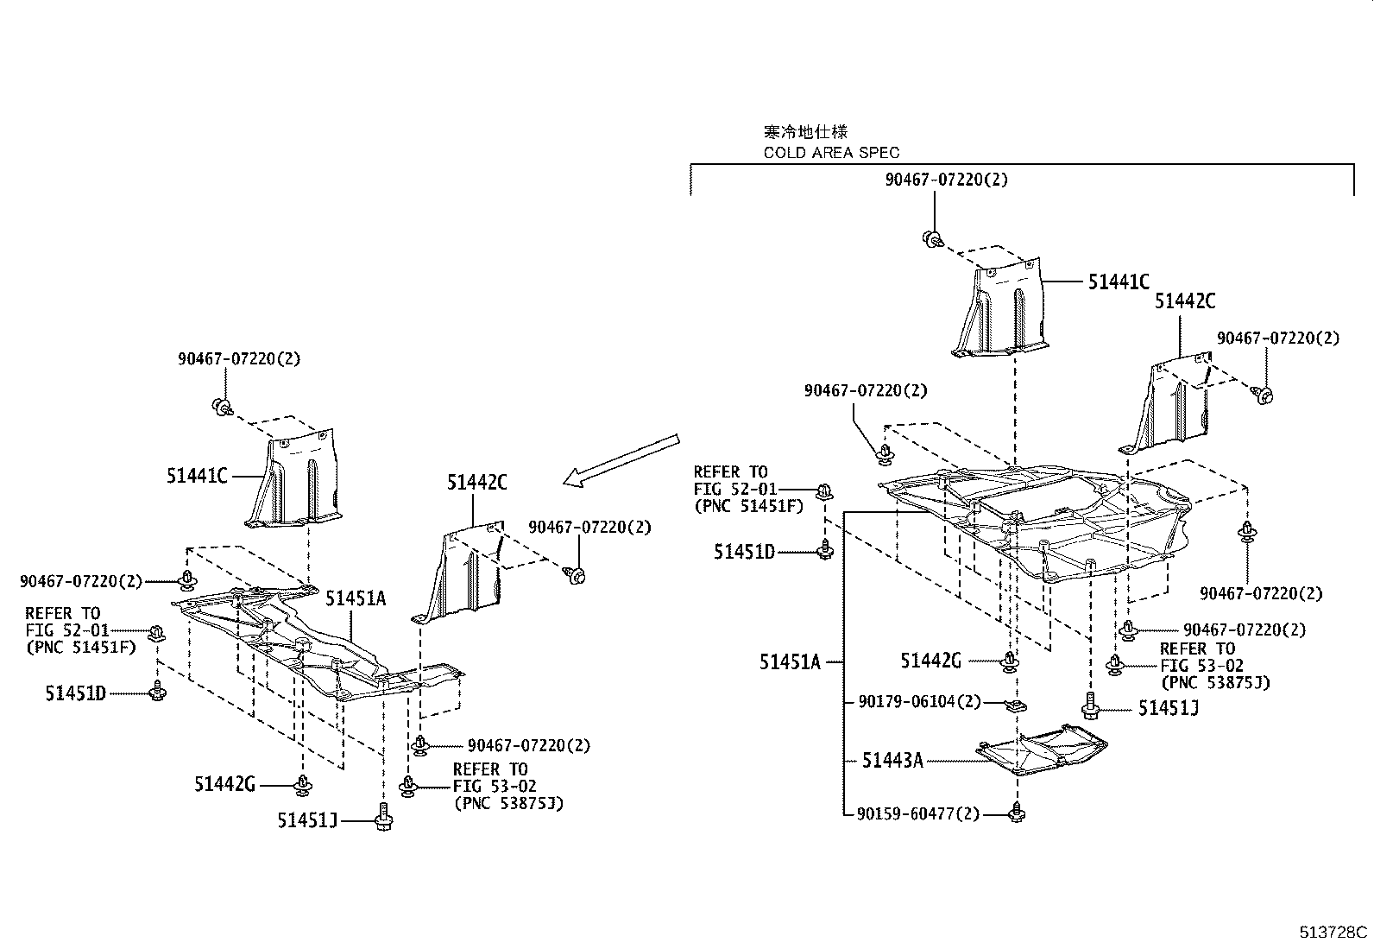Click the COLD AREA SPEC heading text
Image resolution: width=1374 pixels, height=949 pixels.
click(830, 153)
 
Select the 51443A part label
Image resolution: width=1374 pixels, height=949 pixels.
click(892, 760)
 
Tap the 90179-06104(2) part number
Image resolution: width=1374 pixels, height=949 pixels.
click(919, 701)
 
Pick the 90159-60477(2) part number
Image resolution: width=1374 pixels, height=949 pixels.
click(919, 813)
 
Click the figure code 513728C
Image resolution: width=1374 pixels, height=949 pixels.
click(1334, 932)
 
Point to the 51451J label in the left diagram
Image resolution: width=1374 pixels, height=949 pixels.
click(307, 820)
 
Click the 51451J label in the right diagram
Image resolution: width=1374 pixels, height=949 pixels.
click(1169, 708)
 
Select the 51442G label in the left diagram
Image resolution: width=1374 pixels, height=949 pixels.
click(224, 784)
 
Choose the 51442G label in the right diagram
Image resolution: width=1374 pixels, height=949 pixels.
click(930, 661)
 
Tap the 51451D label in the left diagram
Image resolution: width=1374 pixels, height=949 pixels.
click(75, 693)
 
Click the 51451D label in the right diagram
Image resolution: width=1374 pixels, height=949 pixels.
click(744, 551)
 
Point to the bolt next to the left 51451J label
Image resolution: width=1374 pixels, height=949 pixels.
click(383, 815)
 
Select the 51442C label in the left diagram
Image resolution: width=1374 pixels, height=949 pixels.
click(476, 483)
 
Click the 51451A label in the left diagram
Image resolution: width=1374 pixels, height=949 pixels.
click(356, 598)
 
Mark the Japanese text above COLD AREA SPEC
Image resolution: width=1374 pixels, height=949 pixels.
click(805, 132)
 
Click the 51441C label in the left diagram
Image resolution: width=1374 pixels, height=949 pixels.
click(197, 475)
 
